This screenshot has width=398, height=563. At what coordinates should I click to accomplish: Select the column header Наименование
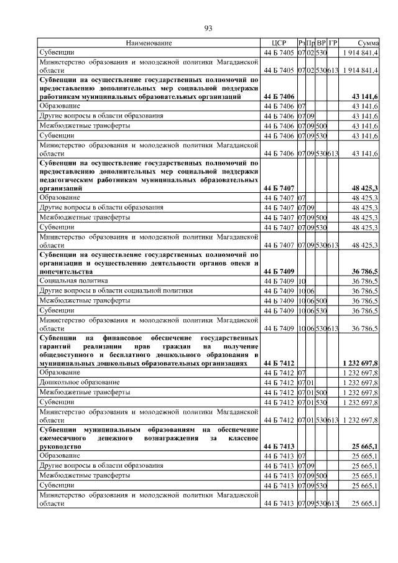(149, 43)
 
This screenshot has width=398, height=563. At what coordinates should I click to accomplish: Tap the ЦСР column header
(278, 43)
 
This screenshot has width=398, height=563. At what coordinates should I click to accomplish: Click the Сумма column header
(368, 43)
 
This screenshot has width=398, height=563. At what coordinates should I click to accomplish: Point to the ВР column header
(322, 43)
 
